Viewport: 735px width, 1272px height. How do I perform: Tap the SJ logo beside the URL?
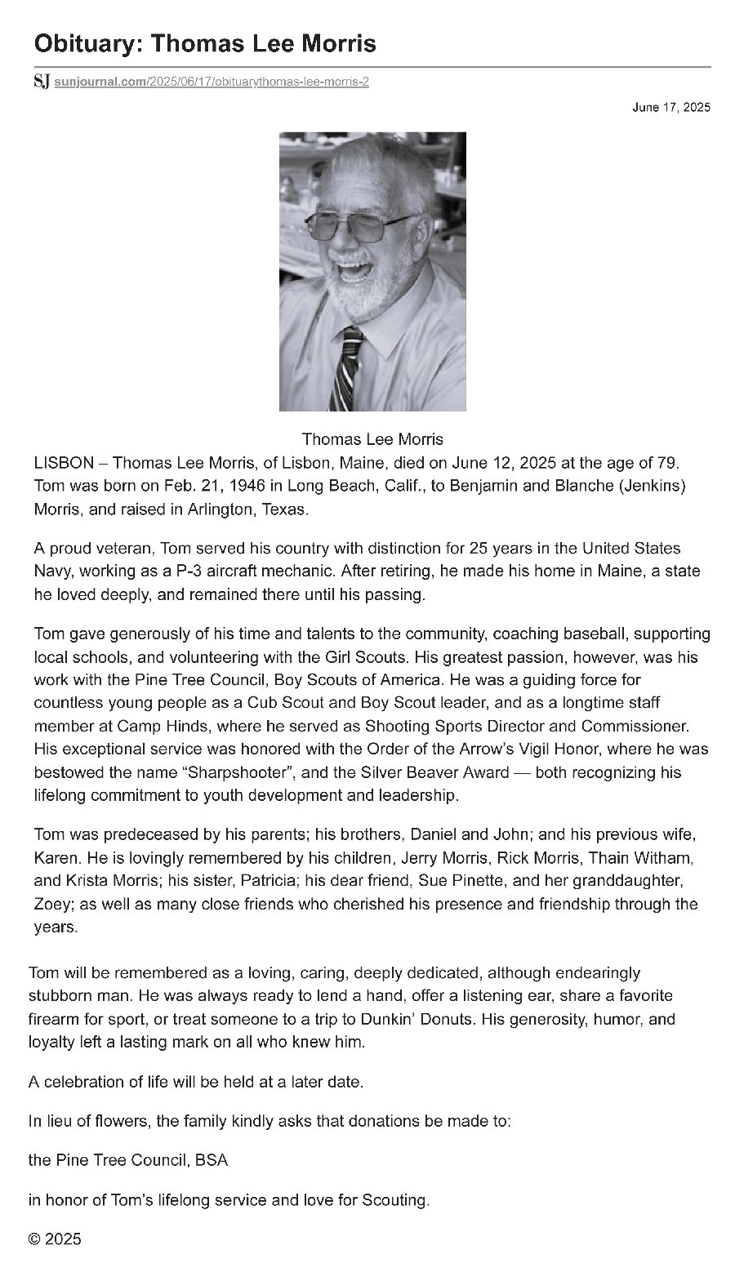[42, 81]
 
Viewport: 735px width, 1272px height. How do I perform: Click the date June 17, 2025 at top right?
[671, 107]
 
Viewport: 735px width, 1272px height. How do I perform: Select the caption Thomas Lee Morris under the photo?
[372, 439]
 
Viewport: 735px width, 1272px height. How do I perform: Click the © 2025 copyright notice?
[55, 1239]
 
